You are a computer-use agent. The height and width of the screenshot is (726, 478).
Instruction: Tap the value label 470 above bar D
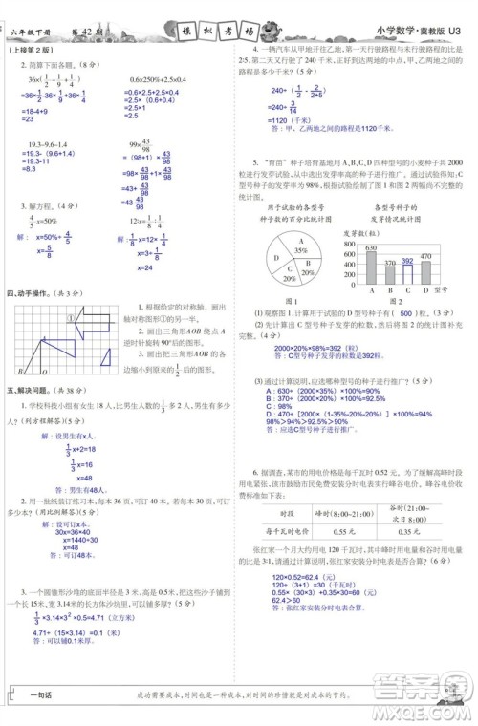426,256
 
